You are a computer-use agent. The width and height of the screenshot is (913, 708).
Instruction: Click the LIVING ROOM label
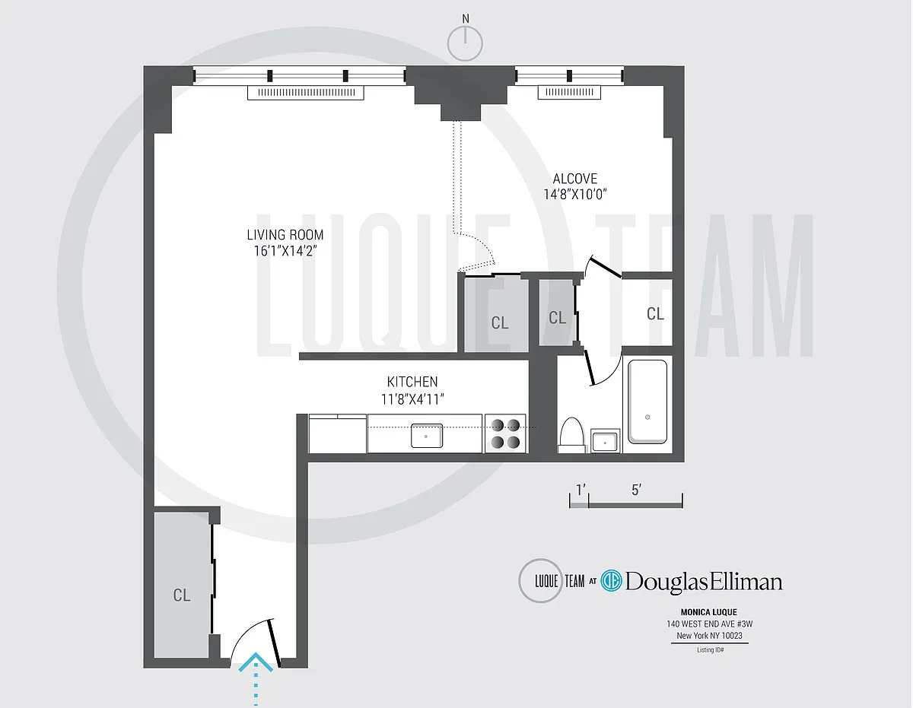click(285, 234)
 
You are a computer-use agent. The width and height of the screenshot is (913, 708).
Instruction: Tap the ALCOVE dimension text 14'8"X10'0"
click(575, 195)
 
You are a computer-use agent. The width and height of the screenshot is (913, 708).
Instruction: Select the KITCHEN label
click(412, 382)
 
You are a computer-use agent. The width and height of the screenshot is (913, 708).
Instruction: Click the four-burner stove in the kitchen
click(505, 433)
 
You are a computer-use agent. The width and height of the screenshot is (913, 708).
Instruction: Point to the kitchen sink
click(427, 436)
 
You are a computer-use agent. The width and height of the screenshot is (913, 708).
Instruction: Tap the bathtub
click(647, 402)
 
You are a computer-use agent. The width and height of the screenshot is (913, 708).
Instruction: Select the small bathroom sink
click(605, 440)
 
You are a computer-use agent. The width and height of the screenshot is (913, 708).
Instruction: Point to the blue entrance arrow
click(256, 678)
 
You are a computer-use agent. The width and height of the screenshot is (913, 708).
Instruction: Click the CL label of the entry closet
click(182, 595)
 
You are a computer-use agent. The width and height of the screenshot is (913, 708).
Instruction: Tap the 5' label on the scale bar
click(636, 490)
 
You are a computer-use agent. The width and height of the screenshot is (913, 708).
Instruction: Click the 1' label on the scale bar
click(581, 490)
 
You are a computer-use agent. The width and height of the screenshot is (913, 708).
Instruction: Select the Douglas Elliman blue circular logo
click(611, 581)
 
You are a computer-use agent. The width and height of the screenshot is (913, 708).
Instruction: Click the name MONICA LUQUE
click(709, 612)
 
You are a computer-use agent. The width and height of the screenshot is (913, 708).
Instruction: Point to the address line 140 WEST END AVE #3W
click(709, 624)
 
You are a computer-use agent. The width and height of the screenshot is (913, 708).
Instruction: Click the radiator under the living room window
click(305, 93)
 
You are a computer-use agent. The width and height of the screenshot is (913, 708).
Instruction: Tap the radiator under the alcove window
click(569, 92)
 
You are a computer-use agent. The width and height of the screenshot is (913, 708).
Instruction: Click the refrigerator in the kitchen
click(337, 433)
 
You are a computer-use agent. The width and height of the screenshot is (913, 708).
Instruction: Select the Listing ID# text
click(710, 650)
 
